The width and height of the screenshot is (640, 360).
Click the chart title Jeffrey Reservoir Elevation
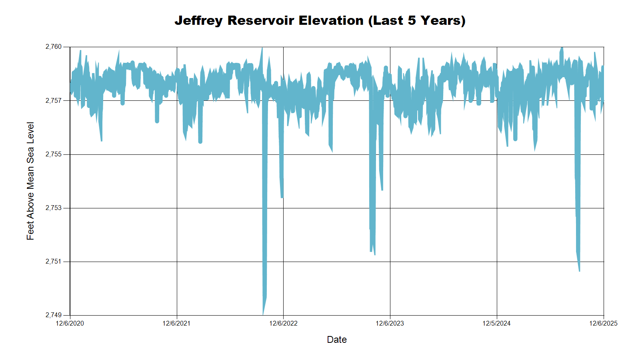pos(320,20)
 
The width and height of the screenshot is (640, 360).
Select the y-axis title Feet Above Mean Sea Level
pos(30,181)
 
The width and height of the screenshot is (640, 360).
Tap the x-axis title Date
pos(336,340)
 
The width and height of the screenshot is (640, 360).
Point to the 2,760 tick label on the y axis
pos(54,47)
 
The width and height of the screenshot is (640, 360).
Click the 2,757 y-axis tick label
pos(54,100)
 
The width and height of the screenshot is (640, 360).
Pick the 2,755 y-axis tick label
pos(54,154)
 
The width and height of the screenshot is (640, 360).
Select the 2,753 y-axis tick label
pos(54,208)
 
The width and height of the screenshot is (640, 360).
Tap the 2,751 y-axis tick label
pos(54,262)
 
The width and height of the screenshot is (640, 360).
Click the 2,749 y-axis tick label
pos(54,315)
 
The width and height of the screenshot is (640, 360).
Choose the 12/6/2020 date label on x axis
pos(70,323)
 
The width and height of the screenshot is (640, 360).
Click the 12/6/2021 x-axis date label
pos(176,323)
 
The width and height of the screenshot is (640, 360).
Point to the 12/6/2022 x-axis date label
pos(283,323)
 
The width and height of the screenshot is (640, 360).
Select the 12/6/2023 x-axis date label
pos(390,323)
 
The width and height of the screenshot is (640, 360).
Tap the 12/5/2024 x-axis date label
pos(496,323)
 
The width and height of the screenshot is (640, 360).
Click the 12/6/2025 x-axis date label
pos(603,323)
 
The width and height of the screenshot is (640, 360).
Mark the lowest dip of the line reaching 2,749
pos(263,314)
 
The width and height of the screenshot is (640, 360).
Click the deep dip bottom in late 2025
pos(579,270)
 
